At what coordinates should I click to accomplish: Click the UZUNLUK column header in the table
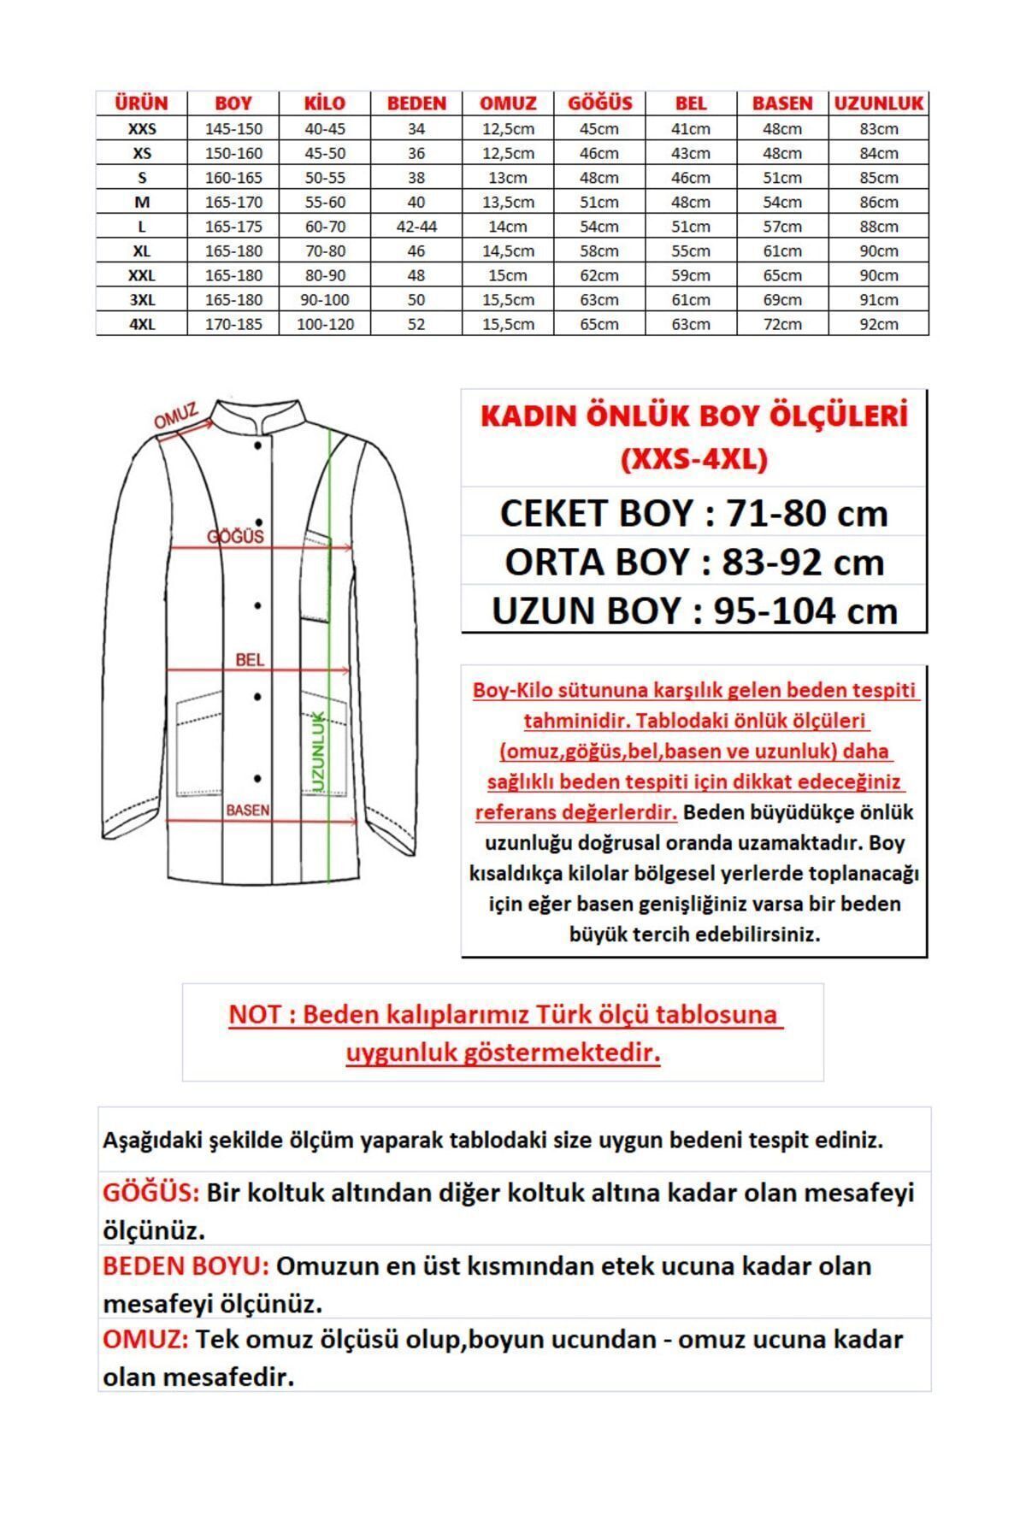(878, 103)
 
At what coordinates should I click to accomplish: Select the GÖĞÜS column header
(599, 103)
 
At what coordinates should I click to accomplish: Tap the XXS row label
(142, 129)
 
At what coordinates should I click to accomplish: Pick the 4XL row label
(142, 325)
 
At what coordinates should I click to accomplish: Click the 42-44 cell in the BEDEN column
(416, 227)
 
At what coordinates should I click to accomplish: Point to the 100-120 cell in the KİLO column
(325, 325)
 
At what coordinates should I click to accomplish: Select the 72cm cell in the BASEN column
(781, 325)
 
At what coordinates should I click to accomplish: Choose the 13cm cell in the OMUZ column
(508, 178)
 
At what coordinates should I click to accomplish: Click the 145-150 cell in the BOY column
(233, 129)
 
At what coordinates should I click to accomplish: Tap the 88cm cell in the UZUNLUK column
(878, 227)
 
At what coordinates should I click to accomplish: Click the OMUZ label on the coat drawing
(175, 416)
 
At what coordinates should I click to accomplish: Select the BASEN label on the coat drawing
(247, 810)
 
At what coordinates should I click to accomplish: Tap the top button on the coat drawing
(257, 445)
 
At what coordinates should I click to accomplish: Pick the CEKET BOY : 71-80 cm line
(693, 513)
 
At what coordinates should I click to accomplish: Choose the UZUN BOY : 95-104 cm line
(693, 610)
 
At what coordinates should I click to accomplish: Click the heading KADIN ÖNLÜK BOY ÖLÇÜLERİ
(693, 416)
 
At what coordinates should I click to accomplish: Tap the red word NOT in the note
(254, 1015)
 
